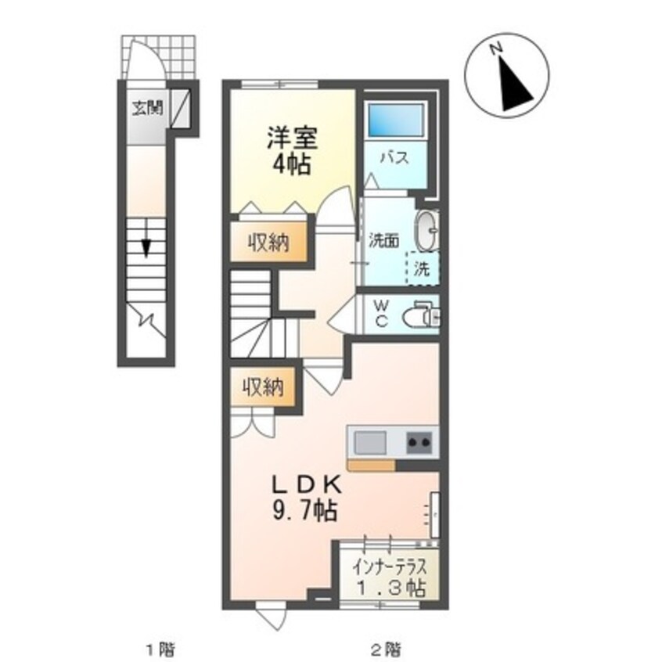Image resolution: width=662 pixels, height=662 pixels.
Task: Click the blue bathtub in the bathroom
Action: pyautogui.click(x=394, y=121)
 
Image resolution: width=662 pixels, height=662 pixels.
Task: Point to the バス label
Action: pyautogui.click(x=394, y=157)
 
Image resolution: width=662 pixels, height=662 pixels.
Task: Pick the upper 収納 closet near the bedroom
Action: pyautogui.click(x=268, y=243)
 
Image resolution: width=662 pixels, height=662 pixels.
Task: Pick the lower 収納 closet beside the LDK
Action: pyautogui.click(x=263, y=388)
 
